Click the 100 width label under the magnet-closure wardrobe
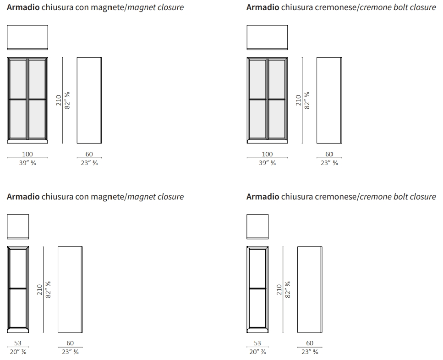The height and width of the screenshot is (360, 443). coord(27,154)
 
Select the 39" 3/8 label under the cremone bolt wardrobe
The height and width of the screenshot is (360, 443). coord(267,163)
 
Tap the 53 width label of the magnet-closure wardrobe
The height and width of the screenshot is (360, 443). coord(18,343)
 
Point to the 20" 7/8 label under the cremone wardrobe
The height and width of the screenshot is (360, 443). coord(257,352)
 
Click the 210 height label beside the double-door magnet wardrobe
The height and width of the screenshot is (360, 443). coord(59,100)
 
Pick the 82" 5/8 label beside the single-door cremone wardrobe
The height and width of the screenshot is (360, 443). coord(288,289)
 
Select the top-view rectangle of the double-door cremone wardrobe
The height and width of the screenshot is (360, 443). coord(267,37)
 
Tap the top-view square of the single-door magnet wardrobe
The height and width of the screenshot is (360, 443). coord(18,227)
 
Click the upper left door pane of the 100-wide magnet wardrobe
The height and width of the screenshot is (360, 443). coord(18,79)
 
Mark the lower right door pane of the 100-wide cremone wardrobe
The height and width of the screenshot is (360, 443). coord(277,119)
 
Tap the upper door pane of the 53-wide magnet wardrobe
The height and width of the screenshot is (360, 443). coord(18,269)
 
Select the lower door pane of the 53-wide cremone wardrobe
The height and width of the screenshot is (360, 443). coord(257,308)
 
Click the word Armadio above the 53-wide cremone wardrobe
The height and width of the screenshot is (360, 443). coord(263,197)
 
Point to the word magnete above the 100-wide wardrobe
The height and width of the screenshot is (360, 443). coord(108,7)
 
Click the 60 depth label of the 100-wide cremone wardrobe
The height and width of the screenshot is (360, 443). coord(329,154)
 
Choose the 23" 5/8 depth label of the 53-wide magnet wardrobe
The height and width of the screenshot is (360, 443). coord(70,352)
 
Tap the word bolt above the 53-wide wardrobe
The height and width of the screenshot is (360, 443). coord(400,197)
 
